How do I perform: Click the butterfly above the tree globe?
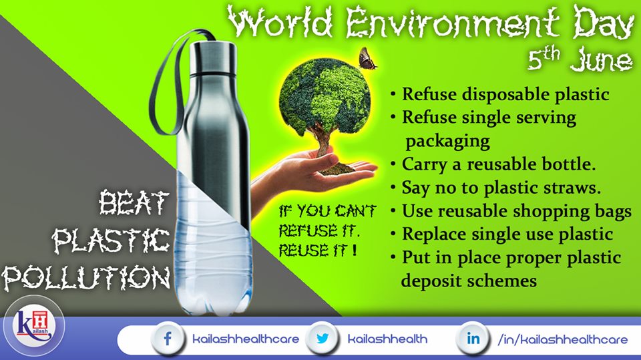[367, 58]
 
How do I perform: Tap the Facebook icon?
[168, 339]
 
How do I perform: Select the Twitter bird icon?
[323, 339]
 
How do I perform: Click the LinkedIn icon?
[473, 339]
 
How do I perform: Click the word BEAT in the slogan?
[134, 202]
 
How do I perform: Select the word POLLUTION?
[86, 278]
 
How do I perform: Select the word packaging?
[447, 142]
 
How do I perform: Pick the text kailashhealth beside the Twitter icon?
[387, 339]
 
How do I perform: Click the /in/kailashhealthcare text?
[562, 339]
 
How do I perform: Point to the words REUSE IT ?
[318, 250]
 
